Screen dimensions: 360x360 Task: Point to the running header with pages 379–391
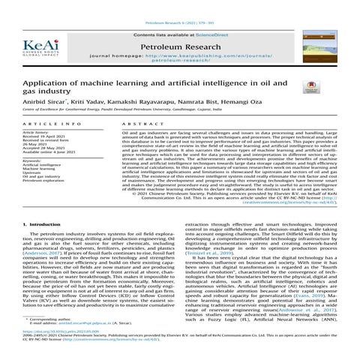click(x=178, y=4)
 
